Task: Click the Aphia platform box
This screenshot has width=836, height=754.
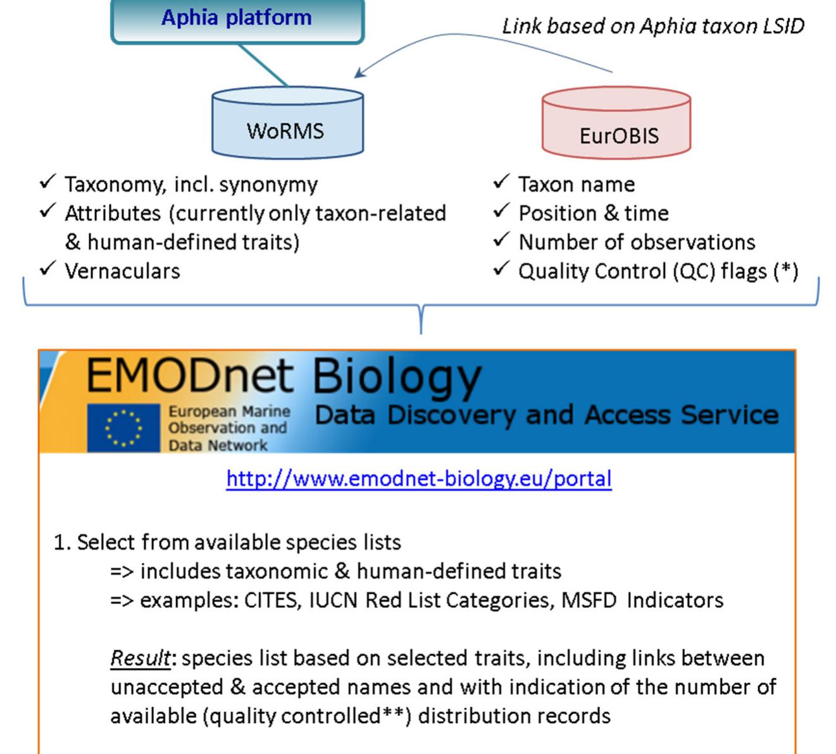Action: pyautogui.click(x=237, y=19)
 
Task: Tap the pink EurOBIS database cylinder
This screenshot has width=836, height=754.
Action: pyautogui.click(x=616, y=125)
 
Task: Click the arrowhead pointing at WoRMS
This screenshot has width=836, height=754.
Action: pyautogui.click(x=359, y=73)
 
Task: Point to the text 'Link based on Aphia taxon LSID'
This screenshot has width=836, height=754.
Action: pyautogui.click(x=652, y=26)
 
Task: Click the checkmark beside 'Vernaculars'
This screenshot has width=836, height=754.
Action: pyautogui.click(x=48, y=268)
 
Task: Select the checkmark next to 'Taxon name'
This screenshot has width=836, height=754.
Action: pyautogui.click(x=501, y=182)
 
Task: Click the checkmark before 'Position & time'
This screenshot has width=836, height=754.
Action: pyautogui.click(x=501, y=210)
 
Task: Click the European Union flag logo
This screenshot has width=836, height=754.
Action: pyautogui.click(x=123, y=428)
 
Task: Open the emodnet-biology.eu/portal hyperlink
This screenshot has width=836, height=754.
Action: pyautogui.click(x=419, y=478)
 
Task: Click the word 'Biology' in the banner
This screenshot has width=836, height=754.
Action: pyautogui.click(x=397, y=378)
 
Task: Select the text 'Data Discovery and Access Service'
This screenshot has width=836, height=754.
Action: pyautogui.click(x=546, y=415)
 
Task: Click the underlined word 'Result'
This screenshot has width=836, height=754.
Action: pyautogui.click(x=140, y=658)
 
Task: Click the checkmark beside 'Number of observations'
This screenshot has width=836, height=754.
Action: pyautogui.click(x=501, y=239)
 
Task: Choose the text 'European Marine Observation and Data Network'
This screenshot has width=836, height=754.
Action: pyautogui.click(x=228, y=428)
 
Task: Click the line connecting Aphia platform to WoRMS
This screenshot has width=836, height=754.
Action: pyautogui.click(x=263, y=65)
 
